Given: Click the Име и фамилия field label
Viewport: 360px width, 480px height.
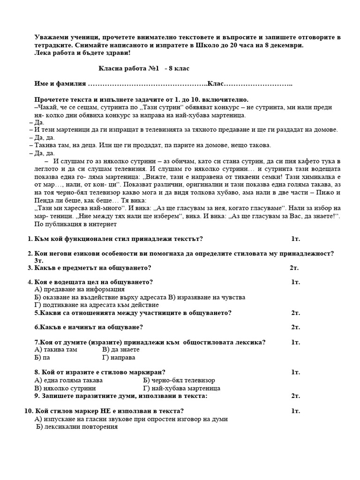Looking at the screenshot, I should click(60, 83).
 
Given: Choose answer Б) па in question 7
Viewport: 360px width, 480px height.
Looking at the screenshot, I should click(42, 358).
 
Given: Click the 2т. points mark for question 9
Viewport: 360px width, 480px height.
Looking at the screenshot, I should click(295, 396).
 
